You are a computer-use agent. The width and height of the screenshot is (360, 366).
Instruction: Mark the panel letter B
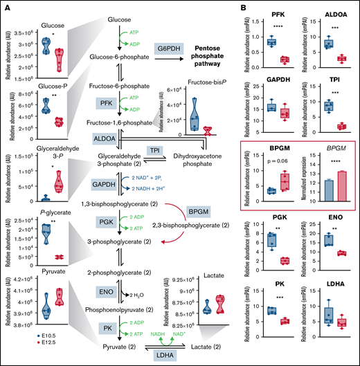tap(246, 9)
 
